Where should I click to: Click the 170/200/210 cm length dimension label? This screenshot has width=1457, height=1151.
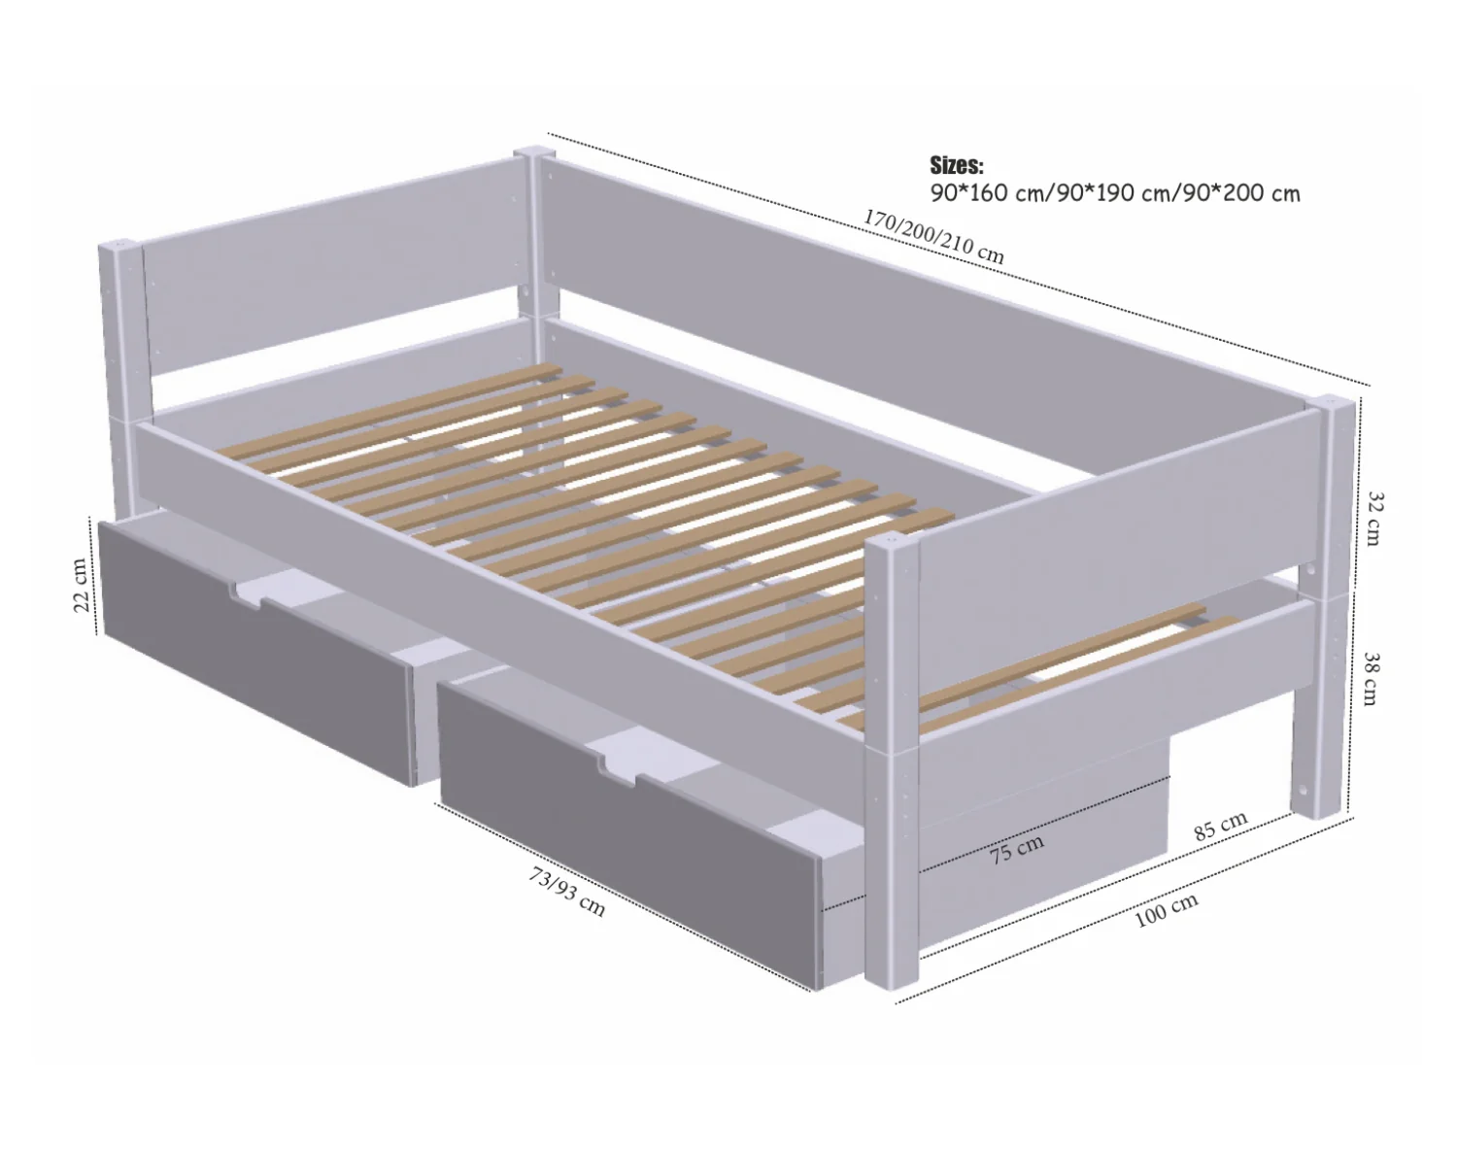coord(933,236)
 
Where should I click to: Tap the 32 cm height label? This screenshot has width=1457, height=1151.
coord(1372,519)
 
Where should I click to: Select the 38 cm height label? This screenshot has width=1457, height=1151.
coord(1371,678)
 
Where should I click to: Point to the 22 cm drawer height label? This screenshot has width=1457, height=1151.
coord(81,585)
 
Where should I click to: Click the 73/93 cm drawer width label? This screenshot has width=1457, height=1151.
coord(566,892)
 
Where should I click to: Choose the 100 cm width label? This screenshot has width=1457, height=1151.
coord(1167,910)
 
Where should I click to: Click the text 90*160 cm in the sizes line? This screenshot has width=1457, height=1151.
coord(988,193)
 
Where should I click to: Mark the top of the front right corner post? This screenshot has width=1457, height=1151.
coord(893,544)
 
